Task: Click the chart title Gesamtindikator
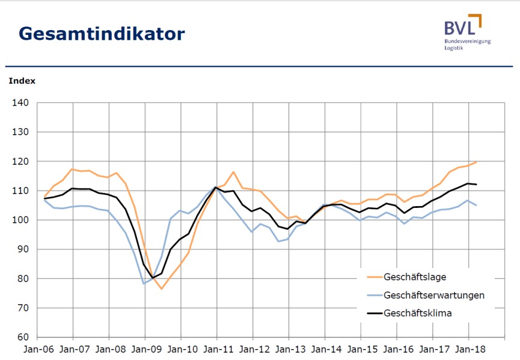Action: (x=102, y=33)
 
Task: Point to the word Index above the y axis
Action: (x=22, y=81)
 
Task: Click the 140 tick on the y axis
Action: (x=21, y=103)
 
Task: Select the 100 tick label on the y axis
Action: (x=21, y=220)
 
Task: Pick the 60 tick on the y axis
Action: (x=23, y=337)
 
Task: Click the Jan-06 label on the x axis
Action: (x=38, y=349)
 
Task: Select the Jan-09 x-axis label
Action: (x=145, y=349)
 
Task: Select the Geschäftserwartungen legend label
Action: (x=433, y=295)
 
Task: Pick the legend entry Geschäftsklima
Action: (x=417, y=313)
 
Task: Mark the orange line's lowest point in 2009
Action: (x=161, y=289)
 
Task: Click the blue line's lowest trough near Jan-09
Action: (x=144, y=283)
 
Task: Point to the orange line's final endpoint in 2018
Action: (x=476, y=162)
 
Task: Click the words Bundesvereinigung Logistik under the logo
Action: (x=467, y=44)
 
